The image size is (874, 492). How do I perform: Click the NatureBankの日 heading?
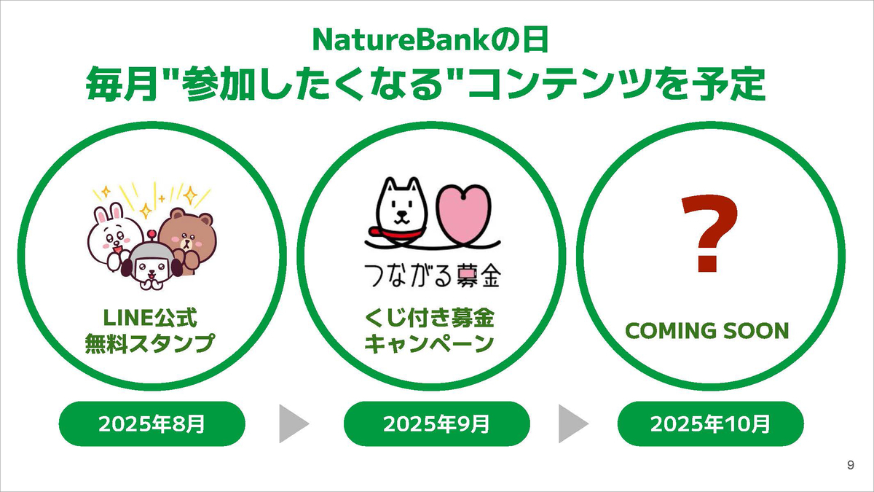(x=430, y=39)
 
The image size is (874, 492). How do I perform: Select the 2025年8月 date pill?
(x=151, y=423)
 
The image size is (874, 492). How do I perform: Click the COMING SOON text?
(x=708, y=331)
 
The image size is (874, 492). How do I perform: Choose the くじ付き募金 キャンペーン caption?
(x=430, y=331)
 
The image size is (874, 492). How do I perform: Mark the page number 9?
(x=850, y=466)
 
